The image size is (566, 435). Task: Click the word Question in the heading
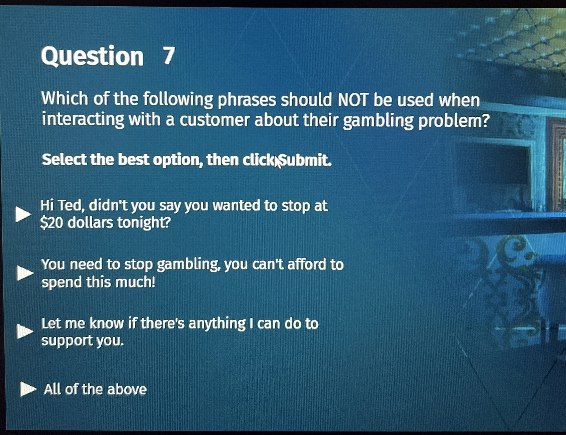pyautogui.click(x=92, y=57)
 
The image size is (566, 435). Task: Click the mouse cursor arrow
pyautogui.click(x=277, y=162)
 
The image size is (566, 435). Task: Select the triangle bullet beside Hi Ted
pyautogui.click(x=23, y=214)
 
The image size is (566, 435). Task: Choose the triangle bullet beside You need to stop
pyautogui.click(x=25, y=273)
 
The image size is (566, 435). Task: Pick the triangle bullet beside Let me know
pyautogui.click(x=25, y=332)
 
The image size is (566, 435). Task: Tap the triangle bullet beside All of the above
pyautogui.click(x=28, y=389)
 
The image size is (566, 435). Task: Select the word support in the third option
pyautogui.click(x=67, y=341)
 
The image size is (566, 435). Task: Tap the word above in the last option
pyautogui.click(x=127, y=390)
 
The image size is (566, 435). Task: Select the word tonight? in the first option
pyautogui.click(x=144, y=223)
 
